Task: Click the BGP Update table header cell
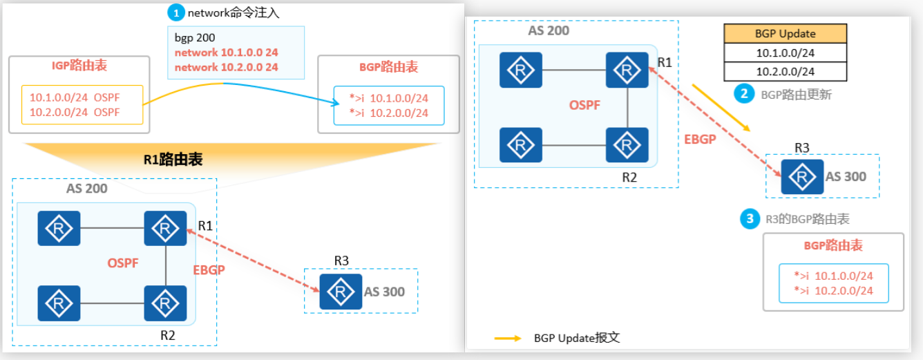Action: click(x=785, y=34)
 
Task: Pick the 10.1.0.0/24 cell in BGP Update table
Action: click(x=785, y=53)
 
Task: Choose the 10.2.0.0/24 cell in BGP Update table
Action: click(x=785, y=71)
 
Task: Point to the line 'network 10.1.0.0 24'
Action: click(x=226, y=53)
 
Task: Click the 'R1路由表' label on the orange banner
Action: click(x=173, y=160)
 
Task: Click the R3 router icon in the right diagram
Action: click(x=802, y=177)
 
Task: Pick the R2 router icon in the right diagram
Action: click(x=627, y=144)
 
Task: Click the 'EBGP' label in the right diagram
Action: click(x=701, y=138)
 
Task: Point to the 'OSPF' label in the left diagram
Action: click(x=124, y=263)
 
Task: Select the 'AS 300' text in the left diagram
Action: click(x=384, y=291)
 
